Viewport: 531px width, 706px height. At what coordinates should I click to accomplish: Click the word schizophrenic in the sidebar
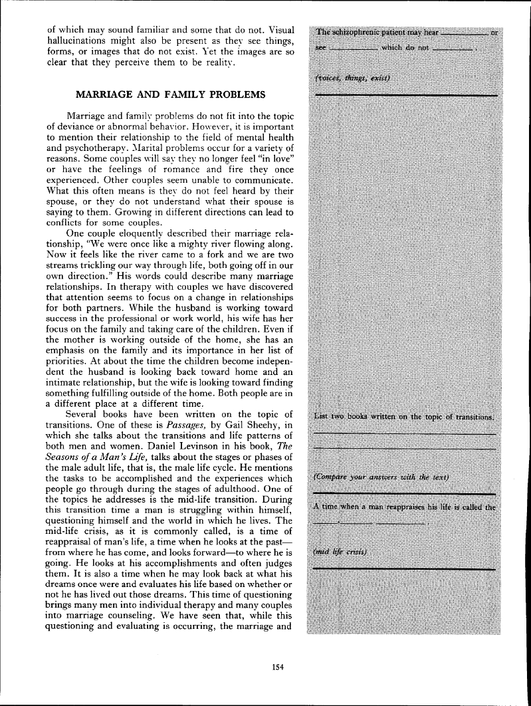pyautogui.click(x=362, y=31)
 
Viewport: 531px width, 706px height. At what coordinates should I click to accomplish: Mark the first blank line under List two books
pyautogui.click(x=404, y=433)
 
